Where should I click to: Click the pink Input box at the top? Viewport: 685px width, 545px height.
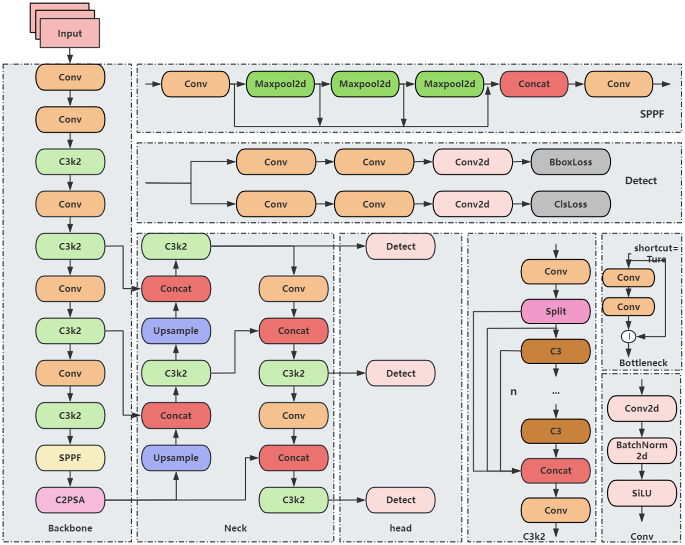point(70,33)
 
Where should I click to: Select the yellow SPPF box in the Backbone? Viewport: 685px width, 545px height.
point(70,458)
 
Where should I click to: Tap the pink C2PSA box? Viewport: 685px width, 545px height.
point(70,499)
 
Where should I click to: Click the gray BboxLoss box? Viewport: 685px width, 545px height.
point(570,162)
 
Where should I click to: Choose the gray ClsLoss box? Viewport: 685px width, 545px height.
point(570,204)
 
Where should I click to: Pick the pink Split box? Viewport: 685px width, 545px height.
point(556,311)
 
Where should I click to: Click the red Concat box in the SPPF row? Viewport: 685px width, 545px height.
point(534,84)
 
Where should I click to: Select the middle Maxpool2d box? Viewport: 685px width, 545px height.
point(365,84)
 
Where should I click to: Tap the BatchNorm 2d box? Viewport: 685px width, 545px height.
point(642,450)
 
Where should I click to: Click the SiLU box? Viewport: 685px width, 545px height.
point(642,493)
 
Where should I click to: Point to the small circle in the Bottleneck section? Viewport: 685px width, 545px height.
point(628,336)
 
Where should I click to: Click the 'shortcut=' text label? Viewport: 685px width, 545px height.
point(656,248)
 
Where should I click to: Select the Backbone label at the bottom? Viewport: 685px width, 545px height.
point(70,528)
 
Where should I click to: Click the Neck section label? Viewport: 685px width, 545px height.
point(235,528)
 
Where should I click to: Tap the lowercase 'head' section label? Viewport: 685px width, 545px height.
point(400,528)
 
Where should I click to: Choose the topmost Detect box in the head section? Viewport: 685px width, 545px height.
point(400,246)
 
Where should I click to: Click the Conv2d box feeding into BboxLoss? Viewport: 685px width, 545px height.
point(472,162)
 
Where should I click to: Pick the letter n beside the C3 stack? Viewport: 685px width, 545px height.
point(513,391)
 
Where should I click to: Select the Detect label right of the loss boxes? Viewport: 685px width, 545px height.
point(640,181)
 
